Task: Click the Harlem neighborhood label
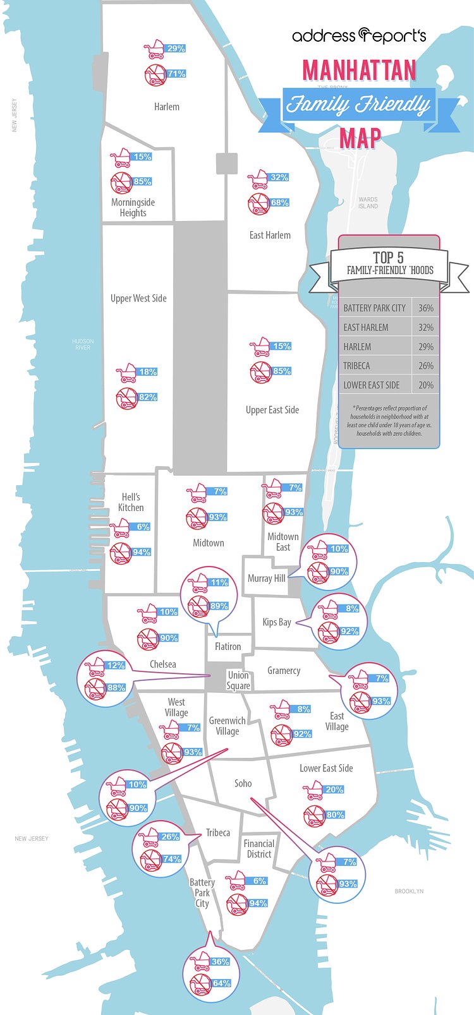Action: [x=167, y=107]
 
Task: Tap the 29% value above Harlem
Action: [x=176, y=49]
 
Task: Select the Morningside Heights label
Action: [x=133, y=208]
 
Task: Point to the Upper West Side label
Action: [x=138, y=298]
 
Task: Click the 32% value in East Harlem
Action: [x=279, y=177]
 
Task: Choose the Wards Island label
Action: [x=368, y=203]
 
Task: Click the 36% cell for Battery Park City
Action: [x=426, y=308]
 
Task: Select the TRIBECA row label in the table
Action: [x=356, y=366]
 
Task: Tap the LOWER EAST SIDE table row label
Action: [x=372, y=385]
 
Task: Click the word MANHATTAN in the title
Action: [x=360, y=70]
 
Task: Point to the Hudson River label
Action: [x=83, y=344]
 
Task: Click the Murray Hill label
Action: [x=266, y=578]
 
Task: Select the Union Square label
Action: [x=238, y=680]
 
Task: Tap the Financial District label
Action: [x=259, y=848]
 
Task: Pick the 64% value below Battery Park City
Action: [x=221, y=983]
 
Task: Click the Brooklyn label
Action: [x=409, y=891]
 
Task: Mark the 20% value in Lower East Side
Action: [x=334, y=790]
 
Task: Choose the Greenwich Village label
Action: [x=228, y=726]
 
